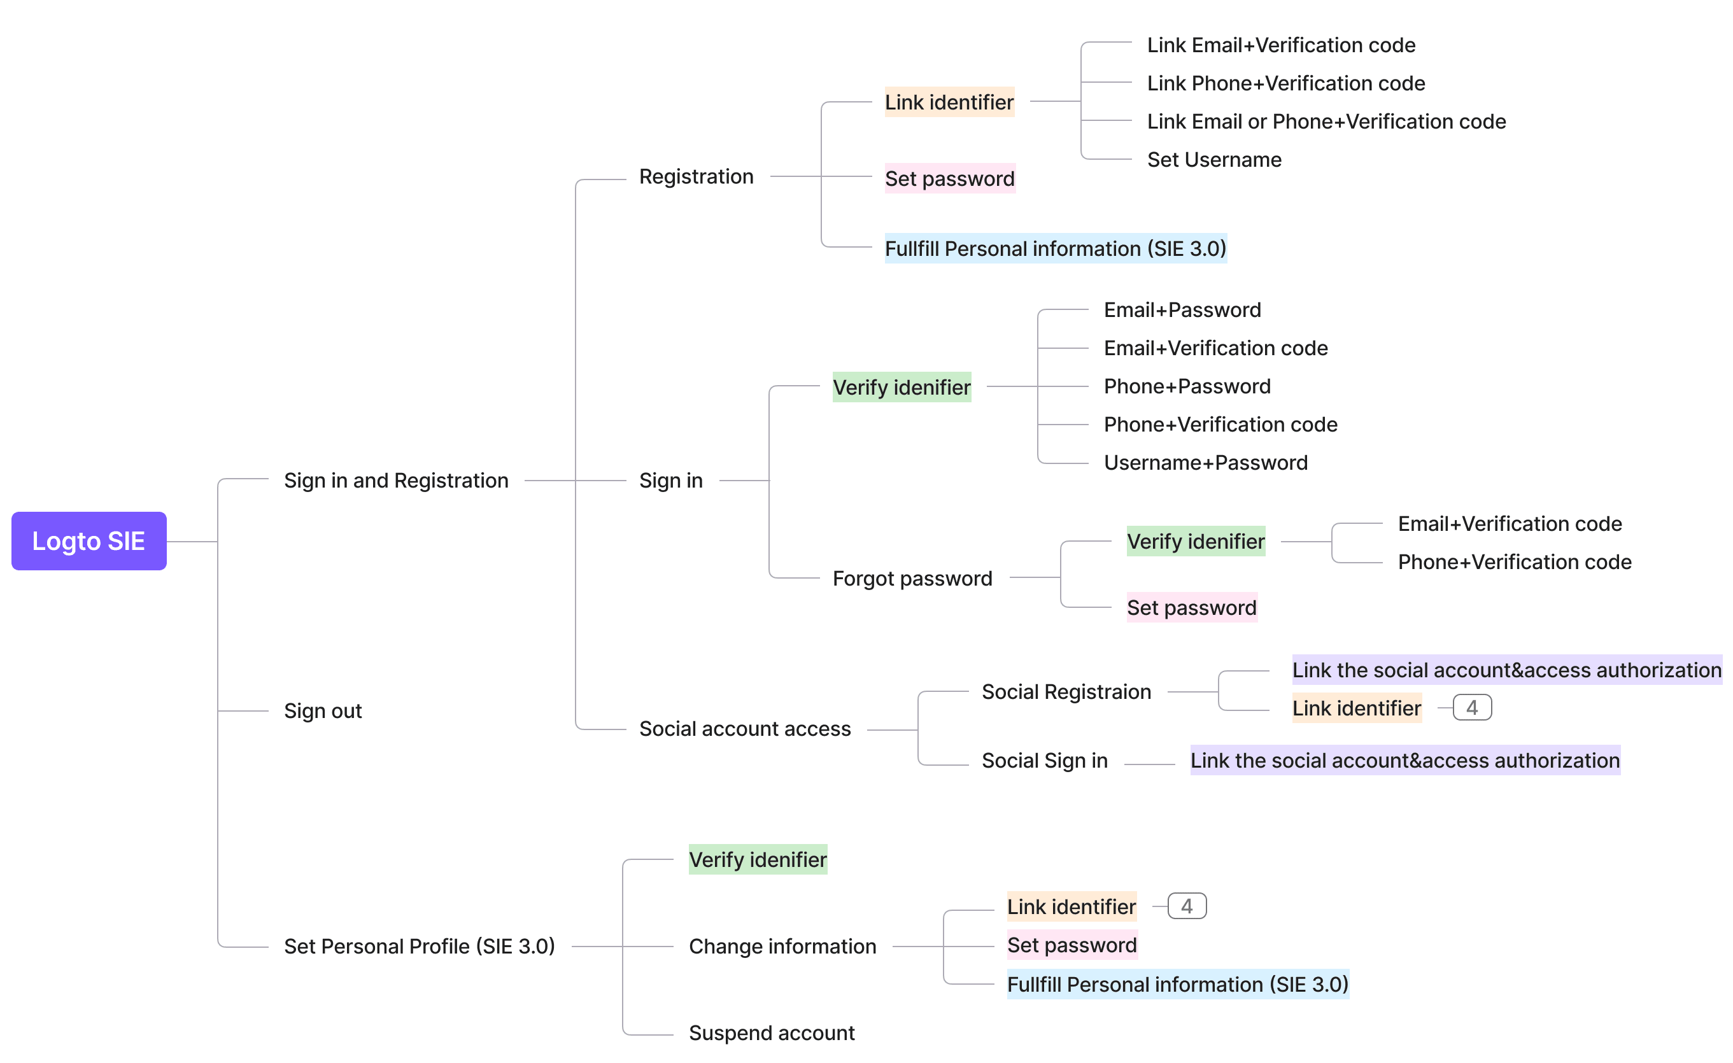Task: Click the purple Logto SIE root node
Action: point(88,540)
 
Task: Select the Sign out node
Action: point(323,711)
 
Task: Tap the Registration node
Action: point(696,176)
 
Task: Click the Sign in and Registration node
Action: point(396,480)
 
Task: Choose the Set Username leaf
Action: point(1214,160)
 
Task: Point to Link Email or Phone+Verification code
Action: point(1326,122)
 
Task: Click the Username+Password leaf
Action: point(1205,463)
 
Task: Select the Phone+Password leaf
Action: point(1187,386)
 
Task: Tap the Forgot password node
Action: point(912,578)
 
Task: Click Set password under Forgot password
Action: point(1191,607)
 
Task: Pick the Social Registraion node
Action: point(1066,692)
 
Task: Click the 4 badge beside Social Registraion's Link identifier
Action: point(1471,708)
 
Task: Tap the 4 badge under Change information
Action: point(1187,906)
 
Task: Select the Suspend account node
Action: point(772,1033)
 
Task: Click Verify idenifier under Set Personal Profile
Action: point(758,859)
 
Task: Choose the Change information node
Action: point(782,947)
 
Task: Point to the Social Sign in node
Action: point(1044,760)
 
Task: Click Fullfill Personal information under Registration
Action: point(1055,248)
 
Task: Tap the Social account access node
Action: point(745,728)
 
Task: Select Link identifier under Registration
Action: point(949,102)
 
